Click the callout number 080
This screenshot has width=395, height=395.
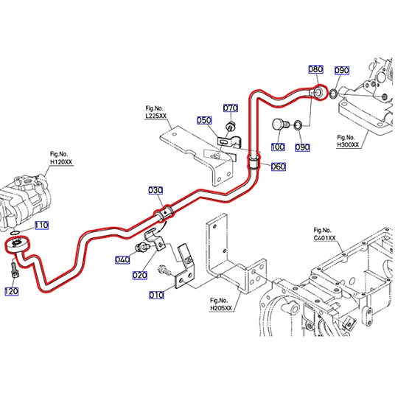pos(316,69)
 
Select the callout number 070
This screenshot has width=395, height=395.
pos(231,108)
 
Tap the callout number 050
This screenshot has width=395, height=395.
pos(204,120)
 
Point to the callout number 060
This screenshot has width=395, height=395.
pos(279,167)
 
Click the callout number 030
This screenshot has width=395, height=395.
pos(155,190)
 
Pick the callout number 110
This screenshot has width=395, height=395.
pos(41,225)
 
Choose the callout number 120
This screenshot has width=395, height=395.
pos(12,292)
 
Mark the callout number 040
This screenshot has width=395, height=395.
pos(122,259)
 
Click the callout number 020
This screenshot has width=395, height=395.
pos(140,276)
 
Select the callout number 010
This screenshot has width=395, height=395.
pos(156,295)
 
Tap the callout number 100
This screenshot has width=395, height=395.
pos(278,147)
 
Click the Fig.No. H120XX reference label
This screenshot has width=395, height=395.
pos(61,158)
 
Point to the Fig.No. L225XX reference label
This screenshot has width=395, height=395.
pos(156,112)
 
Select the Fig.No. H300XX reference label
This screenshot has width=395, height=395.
pos(348,141)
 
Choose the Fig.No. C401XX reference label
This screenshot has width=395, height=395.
pos(325,234)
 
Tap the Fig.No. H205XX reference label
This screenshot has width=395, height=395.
pos(221,304)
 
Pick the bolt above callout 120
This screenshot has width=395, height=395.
pos(14,270)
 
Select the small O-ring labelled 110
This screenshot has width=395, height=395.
pos(15,232)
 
